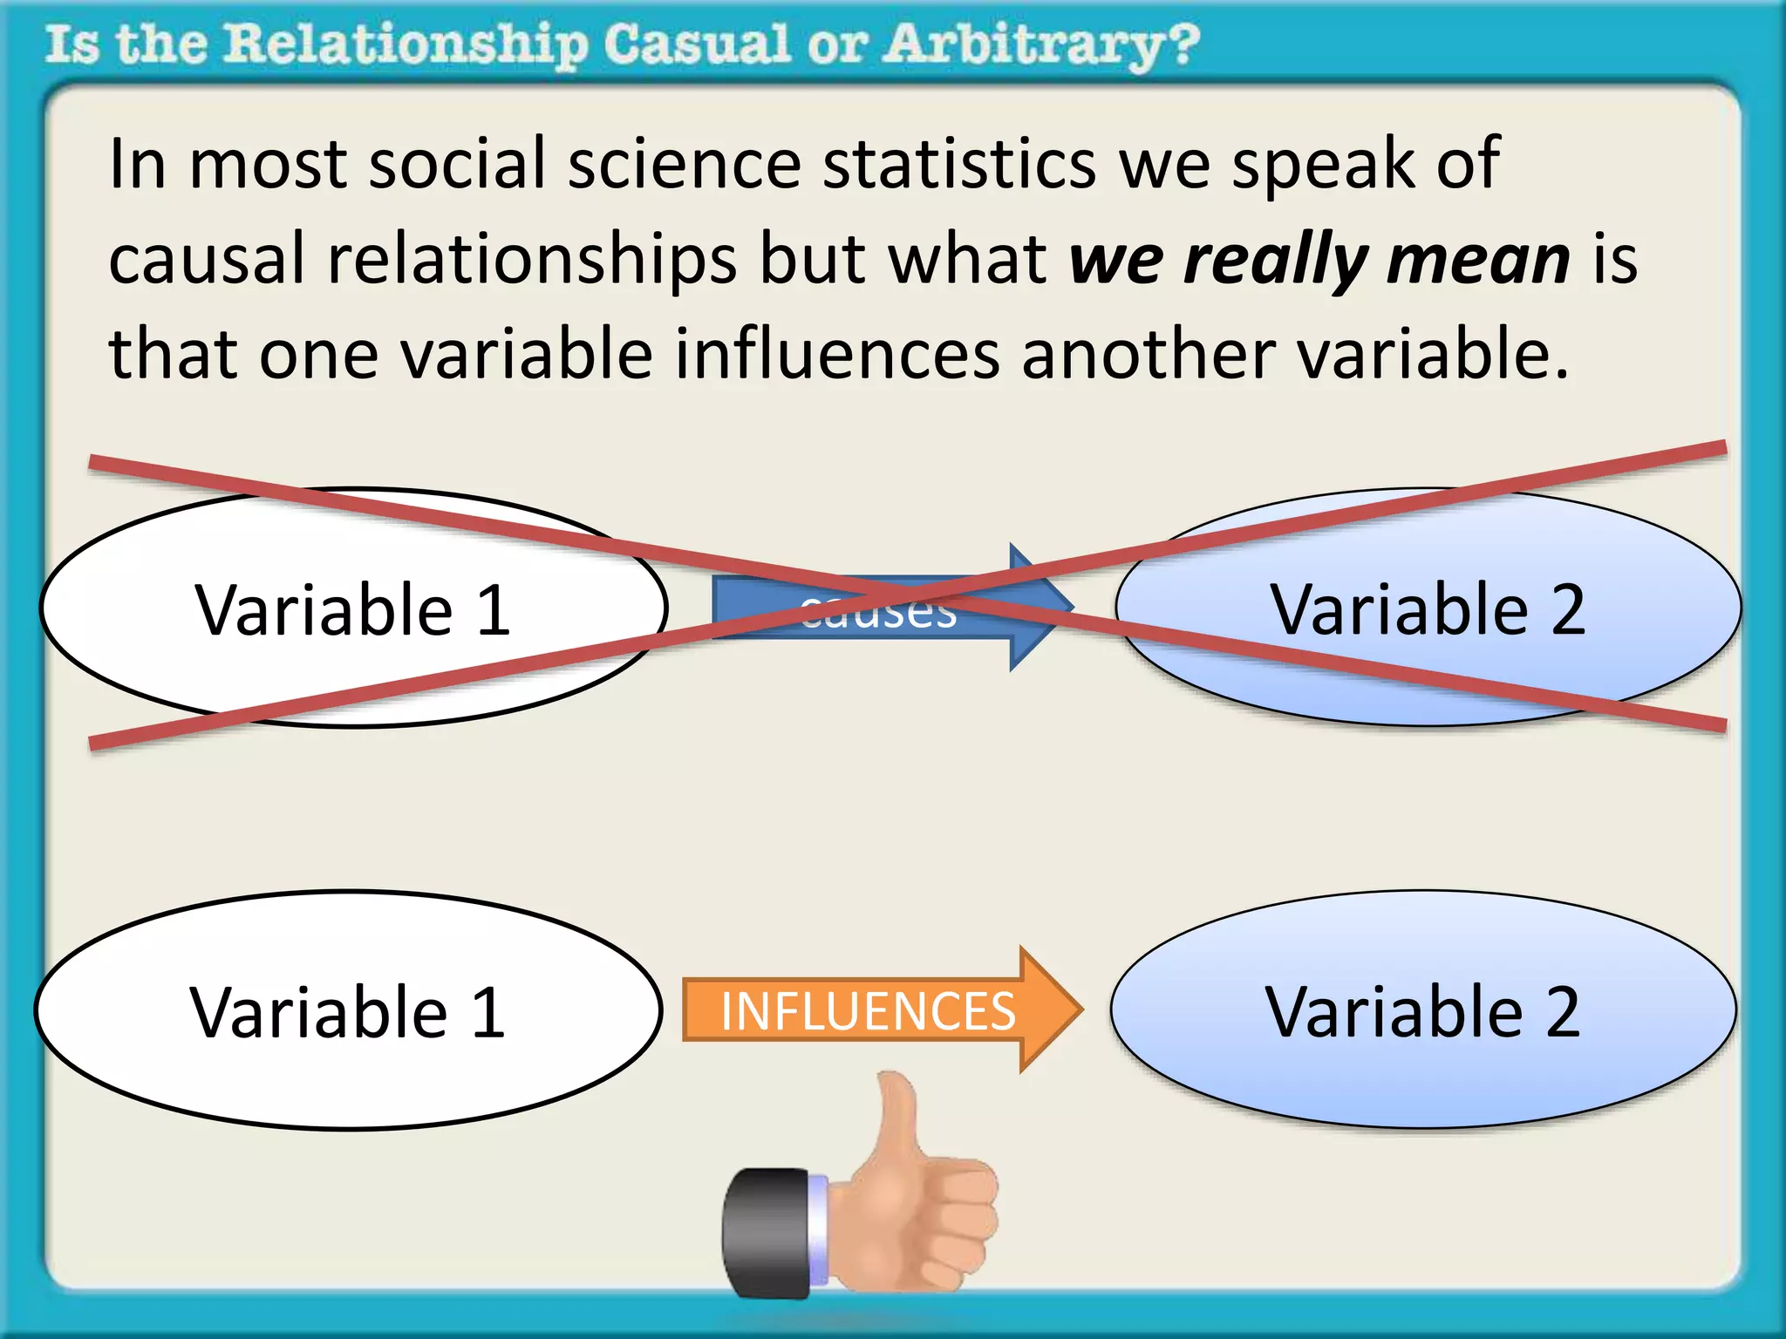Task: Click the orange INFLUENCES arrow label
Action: tap(868, 1011)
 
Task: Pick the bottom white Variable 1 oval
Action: tap(348, 1011)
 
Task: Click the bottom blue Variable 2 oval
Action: tap(1422, 1011)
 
